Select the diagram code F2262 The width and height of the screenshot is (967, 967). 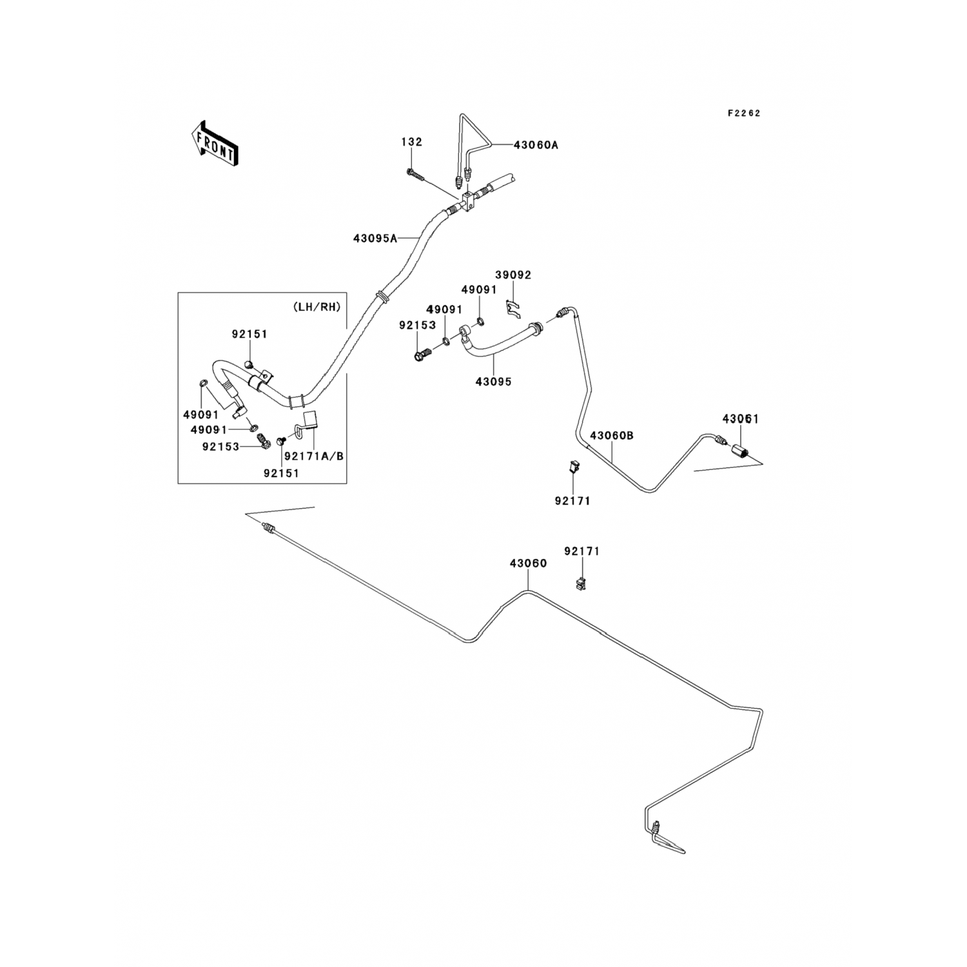(x=744, y=113)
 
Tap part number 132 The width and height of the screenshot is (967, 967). (x=411, y=142)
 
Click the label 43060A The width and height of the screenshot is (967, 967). (x=536, y=145)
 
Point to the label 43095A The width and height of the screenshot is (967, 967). (x=375, y=238)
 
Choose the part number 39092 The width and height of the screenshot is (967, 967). (x=513, y=275)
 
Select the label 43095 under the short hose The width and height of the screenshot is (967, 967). (x=493, y=382)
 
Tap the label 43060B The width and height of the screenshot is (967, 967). (x=611, y=436)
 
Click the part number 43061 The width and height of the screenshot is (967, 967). (x=740, y=419)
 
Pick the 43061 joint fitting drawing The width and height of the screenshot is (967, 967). (x=739, y=449)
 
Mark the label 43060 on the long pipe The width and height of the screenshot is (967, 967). (x=528, y=563)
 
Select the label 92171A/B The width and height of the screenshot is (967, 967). (x=314, y=456)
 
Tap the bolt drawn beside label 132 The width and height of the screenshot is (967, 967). (x=415, y=174)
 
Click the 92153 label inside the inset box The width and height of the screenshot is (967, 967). (x=220, y=446)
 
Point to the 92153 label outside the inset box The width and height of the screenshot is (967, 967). (x=417, y=326)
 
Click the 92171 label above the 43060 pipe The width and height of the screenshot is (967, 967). (x=581, y=552)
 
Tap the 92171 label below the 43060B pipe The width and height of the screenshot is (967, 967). (x=572, y=501)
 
